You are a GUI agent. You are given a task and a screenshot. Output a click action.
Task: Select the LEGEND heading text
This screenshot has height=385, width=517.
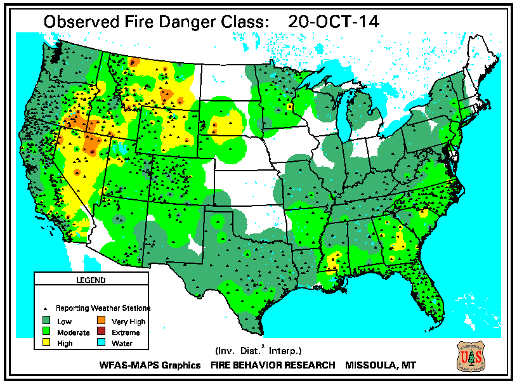tap(90, 280)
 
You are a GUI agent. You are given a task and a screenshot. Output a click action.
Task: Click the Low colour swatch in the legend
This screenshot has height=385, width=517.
tap(46, 322)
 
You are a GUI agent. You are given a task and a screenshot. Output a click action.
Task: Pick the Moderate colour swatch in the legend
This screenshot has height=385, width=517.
tap(46, 332)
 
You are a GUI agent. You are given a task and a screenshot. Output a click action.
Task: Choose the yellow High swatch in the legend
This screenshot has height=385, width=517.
tap(46, 343)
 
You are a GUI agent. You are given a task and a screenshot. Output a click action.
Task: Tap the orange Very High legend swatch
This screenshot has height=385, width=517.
tap(101, 322)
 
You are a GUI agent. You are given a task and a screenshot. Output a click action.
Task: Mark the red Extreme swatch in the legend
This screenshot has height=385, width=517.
tap(101, 332)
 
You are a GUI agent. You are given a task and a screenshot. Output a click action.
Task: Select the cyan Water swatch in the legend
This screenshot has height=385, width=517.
tap(101, 343)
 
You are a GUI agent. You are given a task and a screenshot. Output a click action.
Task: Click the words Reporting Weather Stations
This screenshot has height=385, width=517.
tap(103, 308)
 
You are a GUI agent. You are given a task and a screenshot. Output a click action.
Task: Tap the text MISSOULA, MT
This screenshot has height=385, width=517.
tap(381, 365)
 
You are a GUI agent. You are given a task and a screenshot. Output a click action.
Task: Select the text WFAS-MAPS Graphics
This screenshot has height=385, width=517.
tap(150, 365)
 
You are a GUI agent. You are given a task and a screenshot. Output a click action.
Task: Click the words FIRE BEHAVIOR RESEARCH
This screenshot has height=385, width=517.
tap(273, 365)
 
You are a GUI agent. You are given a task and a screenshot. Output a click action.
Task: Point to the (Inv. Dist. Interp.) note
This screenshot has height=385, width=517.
tap(258, 350)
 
